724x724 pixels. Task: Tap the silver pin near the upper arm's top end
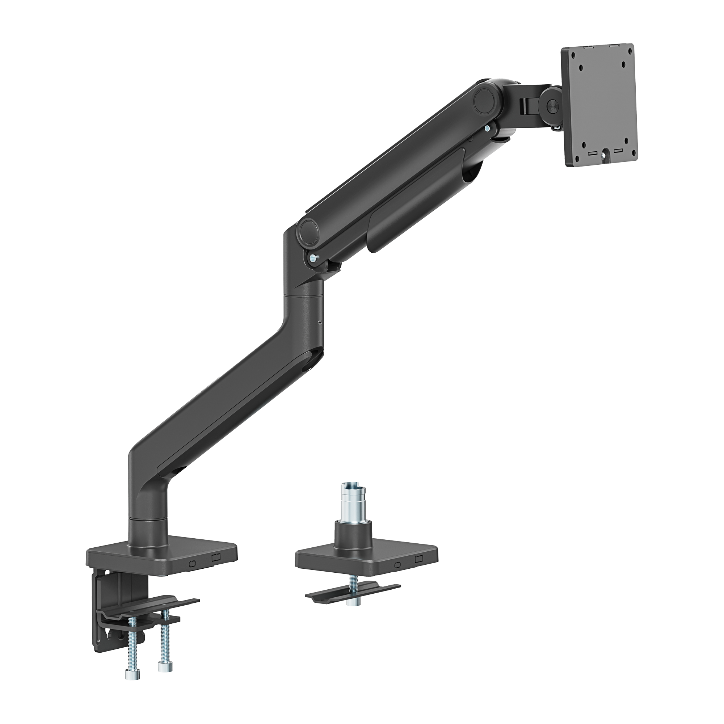pos(487,128)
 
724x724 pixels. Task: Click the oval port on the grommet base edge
pos(397,565)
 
